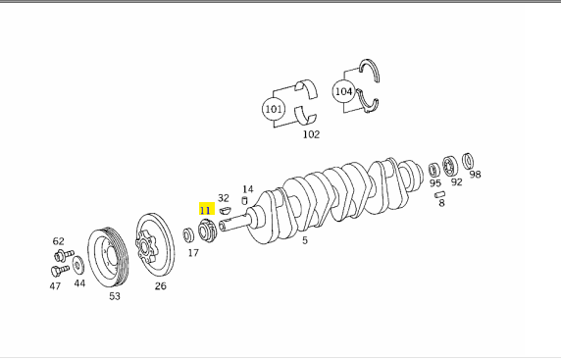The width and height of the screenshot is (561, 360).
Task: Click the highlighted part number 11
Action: (205, 210)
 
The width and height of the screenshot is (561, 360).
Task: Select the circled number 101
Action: (274, 109)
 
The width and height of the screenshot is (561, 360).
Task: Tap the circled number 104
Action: (343, 91)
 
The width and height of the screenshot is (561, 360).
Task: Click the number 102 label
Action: (311, 134)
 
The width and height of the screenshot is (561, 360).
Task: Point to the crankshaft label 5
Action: (305, 240)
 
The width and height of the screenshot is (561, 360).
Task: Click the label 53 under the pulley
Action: (115, 296)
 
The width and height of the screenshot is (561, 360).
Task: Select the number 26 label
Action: (161, 285)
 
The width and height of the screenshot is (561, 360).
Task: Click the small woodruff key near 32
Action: (225, 209)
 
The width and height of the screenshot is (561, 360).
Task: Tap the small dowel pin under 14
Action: (245, 200)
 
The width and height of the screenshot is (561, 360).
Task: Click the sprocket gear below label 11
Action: (208, 231)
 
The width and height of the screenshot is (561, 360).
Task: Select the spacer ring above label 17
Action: (188, 235)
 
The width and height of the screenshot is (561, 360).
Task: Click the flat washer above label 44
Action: (78, 265)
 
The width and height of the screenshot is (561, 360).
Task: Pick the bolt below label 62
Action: (64, 255)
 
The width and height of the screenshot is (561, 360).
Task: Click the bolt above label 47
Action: (60, 270)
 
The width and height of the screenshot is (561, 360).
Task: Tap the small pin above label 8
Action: (440, 194)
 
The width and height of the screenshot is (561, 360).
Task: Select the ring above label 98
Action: (468, 161)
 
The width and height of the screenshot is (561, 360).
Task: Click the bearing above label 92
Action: (450, 167)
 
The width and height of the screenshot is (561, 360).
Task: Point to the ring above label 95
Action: (433, 170)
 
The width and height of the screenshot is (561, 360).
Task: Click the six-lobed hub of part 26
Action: (145, 247)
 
